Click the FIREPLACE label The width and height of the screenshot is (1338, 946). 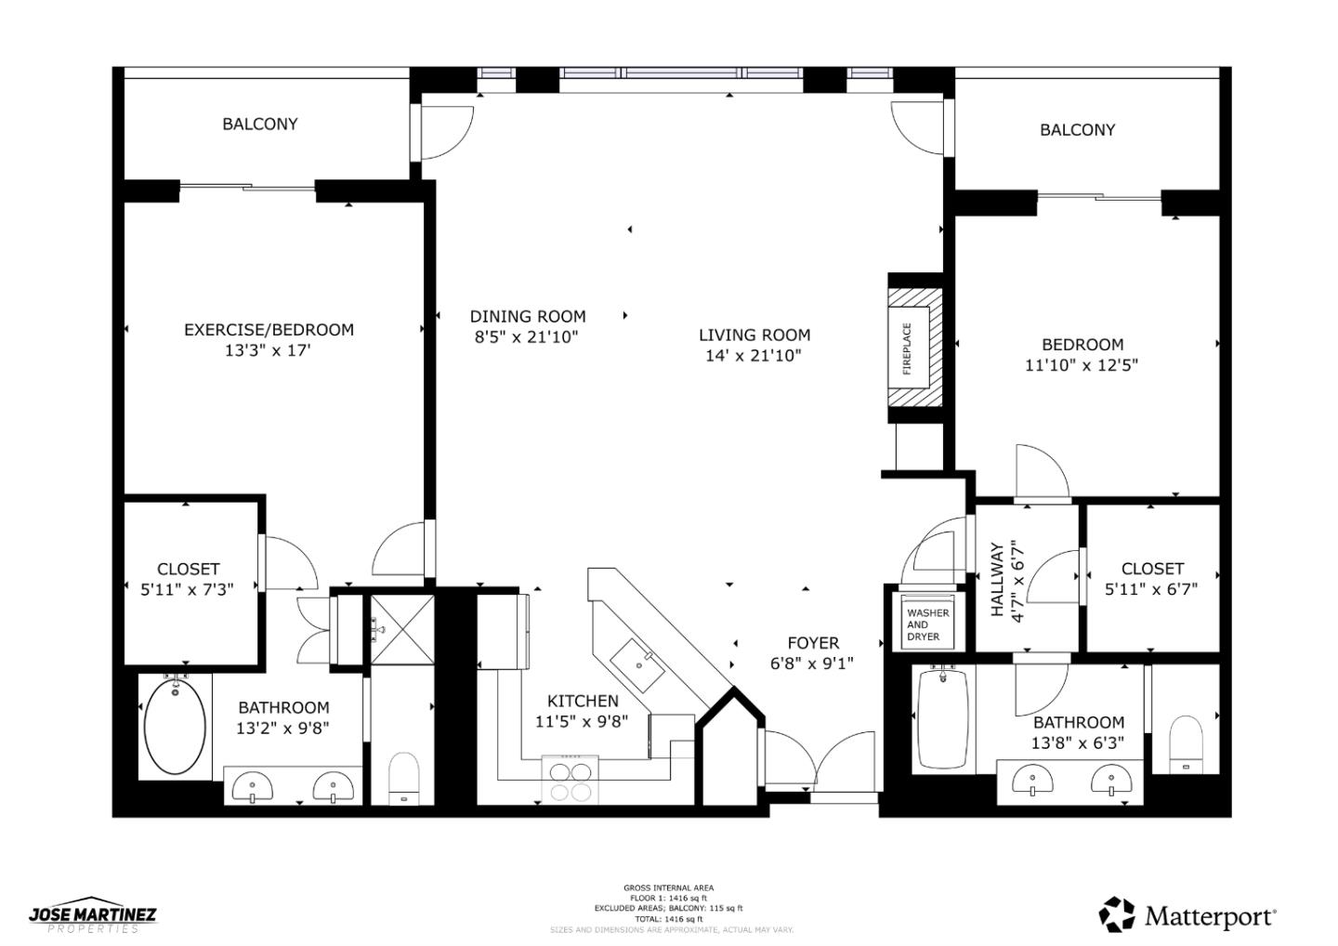point(908,348)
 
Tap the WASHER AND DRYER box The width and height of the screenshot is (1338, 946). point(927,624)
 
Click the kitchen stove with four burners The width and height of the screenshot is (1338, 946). point(571,779)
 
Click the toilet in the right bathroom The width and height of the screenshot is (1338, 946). point(1185,743)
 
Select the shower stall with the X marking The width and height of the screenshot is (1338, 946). point(402,629)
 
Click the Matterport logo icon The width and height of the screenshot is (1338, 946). point(1117,914)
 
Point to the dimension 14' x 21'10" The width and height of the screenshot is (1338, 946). point(753,356)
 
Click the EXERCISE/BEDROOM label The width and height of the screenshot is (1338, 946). point(269,330)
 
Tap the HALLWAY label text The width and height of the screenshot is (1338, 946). point(998,580)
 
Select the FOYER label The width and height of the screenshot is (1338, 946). point(813,643)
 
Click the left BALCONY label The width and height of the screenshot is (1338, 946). point(260,124)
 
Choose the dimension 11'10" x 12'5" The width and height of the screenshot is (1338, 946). point(1082,365)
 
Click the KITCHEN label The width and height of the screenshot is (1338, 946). point(583,701)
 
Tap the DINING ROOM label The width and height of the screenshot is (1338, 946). point(527,316)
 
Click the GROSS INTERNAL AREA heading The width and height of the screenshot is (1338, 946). point(668,888)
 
